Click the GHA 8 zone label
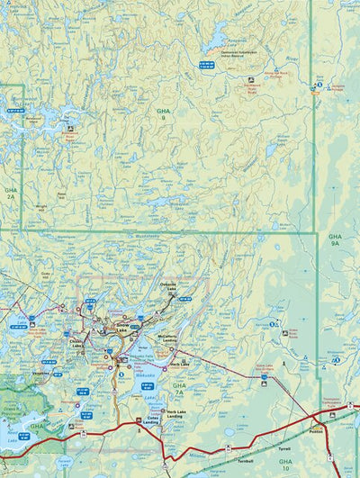pyautogui.click(x=163, y=114)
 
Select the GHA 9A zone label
pyautogui.click(x=335, y=239)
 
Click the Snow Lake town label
pyautogui.click(x=121, y=329)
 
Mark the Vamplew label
pyautogui.click(x=41, y=374)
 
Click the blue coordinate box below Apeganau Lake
pyautogui.click(x=206, y=64)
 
